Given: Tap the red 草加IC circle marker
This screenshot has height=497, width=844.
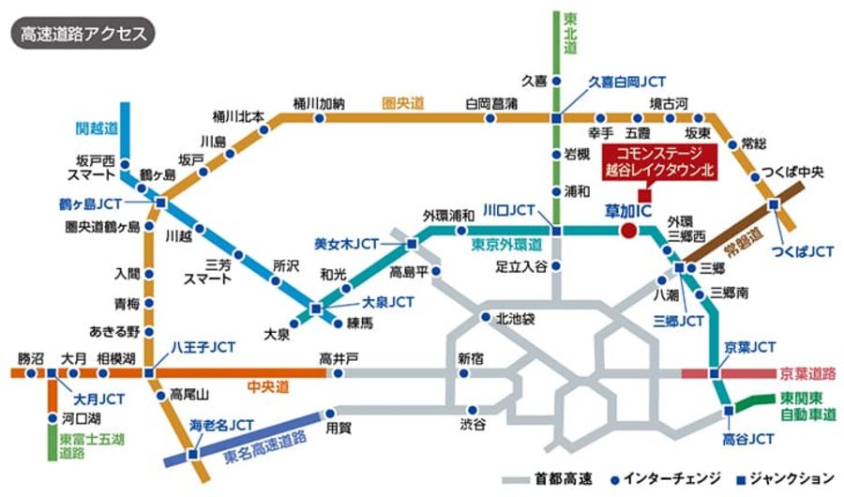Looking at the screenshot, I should point(628,231).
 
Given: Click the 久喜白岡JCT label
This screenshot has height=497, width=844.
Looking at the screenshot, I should point(626,83).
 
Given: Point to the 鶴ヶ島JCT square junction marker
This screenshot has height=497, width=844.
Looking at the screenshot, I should point(160,202).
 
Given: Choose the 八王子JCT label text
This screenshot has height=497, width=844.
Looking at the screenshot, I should point(203,347).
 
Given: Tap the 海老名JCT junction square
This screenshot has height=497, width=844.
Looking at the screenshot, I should point(193,455).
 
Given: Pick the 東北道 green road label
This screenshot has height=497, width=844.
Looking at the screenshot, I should point(568,33).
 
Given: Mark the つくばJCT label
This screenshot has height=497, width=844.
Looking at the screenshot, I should point(802,251).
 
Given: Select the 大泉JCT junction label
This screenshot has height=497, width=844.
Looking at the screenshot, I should point(387,302).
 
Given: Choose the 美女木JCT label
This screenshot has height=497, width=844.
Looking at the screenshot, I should point(346,244).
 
